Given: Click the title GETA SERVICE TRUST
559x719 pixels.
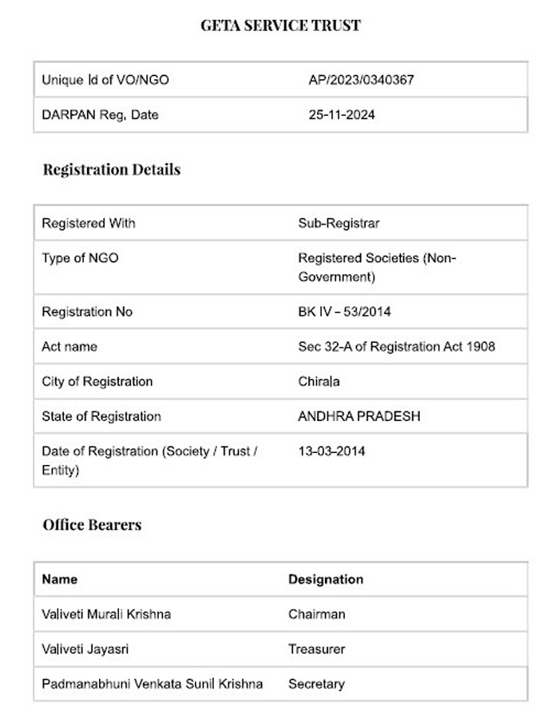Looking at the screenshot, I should (x=280, y=26).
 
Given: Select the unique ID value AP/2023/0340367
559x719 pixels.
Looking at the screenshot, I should (x=361, y=80).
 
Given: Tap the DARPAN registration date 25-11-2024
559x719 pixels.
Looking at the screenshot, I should (x=342, y=115).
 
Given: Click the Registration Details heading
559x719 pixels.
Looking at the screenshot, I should (x=112, y=169).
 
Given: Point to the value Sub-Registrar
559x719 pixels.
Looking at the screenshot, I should (x=339, y=224).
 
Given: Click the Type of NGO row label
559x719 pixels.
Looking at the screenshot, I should (x=80, y=258).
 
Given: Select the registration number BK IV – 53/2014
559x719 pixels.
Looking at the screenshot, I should (x=344, y=312).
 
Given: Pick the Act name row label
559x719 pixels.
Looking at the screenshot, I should (x=69, y=347).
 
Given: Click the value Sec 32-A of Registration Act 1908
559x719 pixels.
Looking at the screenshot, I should (x=396, y=347).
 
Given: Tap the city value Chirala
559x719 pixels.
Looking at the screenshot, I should (x=319, y=381).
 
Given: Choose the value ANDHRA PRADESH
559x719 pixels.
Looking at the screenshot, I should (x=359, y=416).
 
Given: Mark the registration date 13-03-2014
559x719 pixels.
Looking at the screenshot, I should (x=331, y=451).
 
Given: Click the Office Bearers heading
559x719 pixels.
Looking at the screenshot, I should (x=92, y=525).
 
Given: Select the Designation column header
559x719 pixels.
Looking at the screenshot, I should (x=326, y=579).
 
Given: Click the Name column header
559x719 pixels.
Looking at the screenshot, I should (x=60, y=579).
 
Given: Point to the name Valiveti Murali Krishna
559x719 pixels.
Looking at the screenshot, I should (x=106, y=614).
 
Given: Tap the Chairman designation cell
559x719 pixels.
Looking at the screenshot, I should (x=317, y=614).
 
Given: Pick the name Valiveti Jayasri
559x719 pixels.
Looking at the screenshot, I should (x=82, y=649).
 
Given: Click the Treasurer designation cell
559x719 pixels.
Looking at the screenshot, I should (x=317, y=649).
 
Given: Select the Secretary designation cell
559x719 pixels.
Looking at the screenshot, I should (x=317, y=684).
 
